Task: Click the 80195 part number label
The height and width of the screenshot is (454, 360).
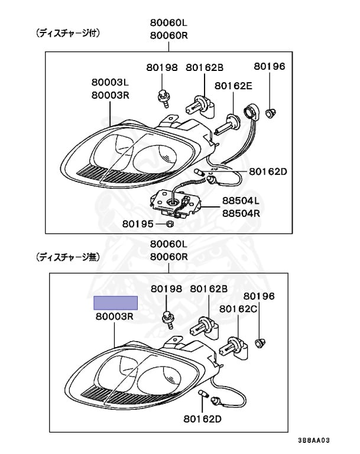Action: click(x=138, y=224)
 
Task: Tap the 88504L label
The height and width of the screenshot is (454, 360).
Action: click(x=241, y=201)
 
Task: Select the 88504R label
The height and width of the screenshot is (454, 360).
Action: click(x=241, y=213)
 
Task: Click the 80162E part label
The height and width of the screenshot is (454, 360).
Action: click(x=233, y=86)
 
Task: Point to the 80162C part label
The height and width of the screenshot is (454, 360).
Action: click(x=238, y=309)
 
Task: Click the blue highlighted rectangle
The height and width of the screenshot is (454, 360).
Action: click(x=116, y=303)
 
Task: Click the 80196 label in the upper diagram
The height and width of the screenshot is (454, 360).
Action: click(x=270, y=66)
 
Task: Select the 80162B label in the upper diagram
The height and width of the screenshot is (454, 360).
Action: click(x=205, y=67)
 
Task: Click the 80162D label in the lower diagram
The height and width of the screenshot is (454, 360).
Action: click(x=203, y=419)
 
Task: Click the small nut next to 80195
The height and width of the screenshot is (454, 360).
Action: click(x=168, y=224)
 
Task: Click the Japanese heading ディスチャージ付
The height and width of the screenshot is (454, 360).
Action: click(x=69, y=34)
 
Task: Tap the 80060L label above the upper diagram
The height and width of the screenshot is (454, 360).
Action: click(x=168, y=22)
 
